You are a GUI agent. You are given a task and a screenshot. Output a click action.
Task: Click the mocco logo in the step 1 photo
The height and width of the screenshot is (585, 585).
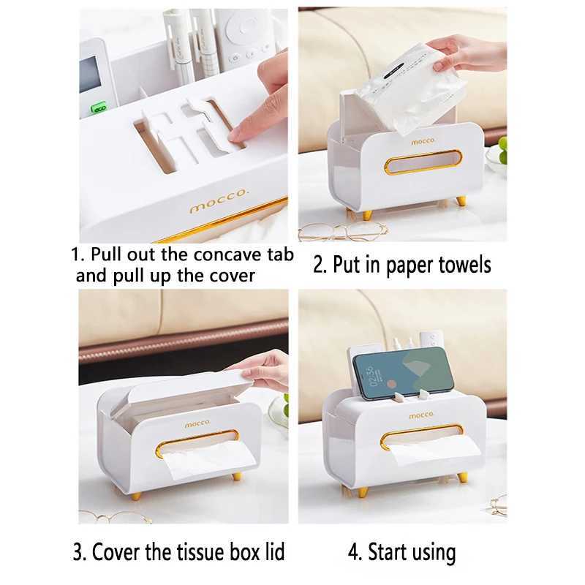219,205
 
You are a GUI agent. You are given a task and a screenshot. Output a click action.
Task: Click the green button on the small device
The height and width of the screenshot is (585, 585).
98,107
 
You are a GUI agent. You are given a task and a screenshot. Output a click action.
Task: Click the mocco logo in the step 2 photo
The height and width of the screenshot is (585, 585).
422,140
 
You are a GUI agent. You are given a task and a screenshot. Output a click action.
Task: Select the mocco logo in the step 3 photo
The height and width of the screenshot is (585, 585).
197,422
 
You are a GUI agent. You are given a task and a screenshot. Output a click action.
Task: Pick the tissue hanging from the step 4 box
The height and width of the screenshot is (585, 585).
423,453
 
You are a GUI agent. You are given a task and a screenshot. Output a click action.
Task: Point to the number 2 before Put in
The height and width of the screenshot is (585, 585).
319,264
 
